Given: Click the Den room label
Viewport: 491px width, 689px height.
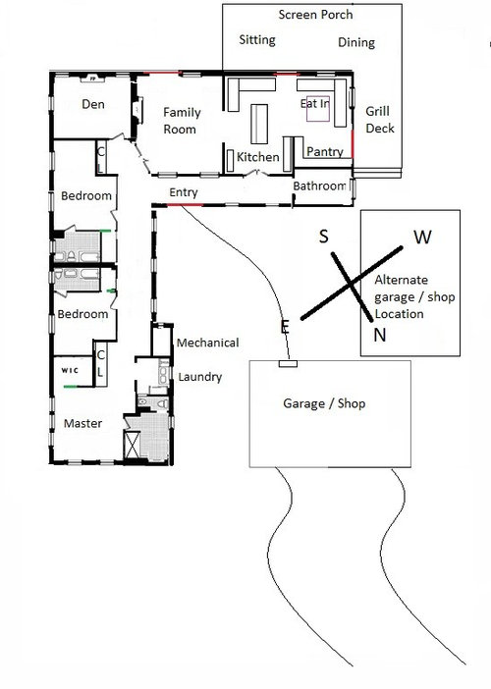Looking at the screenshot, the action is [x=93, y=104].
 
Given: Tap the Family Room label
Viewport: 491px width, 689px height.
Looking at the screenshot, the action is [x=182, y=121].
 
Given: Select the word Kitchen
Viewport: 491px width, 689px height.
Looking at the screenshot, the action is [x=258, y=157].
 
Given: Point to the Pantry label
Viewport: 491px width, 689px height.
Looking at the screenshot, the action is [x=324, y=151].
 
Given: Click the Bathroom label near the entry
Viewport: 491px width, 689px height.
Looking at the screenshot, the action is [x=319, y=185].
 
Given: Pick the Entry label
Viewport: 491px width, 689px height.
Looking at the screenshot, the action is [x=184, y=192].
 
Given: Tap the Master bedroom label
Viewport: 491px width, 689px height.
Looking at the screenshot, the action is [x=82, y=423].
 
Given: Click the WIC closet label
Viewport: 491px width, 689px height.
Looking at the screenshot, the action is [x=70, y=370].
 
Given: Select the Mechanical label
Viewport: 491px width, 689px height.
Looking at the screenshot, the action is [x=208, y=343].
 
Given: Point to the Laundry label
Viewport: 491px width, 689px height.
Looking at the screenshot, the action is [x=200, y=377].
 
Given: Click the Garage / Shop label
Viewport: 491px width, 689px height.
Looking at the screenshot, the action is [x=324, y=403].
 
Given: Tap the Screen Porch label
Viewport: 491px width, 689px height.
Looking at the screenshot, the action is [x=315, y=15].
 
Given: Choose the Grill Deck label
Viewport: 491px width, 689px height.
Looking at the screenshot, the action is [x=380, y=120].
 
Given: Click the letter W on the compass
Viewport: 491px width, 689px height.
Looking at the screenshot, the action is [x=422, y=238].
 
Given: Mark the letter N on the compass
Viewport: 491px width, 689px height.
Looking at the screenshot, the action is [x=380, y=336].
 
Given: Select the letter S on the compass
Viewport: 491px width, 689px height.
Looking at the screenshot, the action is [x=323, y=237].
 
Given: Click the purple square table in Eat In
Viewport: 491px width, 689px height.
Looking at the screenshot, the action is [x=318, y=109].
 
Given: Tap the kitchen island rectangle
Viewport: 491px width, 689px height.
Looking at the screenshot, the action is [x=259, y=124].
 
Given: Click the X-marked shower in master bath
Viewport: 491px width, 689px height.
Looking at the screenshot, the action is [x=133, y=445].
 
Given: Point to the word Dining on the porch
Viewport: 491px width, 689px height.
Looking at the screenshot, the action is [x=356, y=42].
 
